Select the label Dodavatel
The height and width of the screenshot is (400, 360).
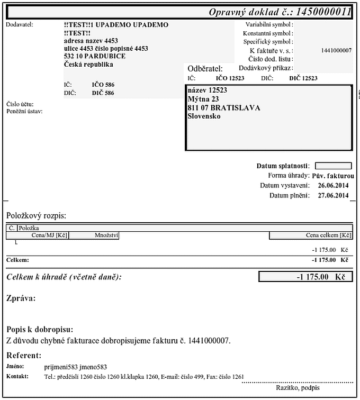19,24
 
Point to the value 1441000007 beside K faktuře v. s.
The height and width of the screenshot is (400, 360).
336,50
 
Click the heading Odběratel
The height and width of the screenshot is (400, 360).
205,68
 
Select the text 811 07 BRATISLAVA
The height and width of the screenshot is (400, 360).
224,108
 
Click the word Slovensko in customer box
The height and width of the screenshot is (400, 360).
204,116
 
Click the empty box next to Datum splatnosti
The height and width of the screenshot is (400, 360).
333,166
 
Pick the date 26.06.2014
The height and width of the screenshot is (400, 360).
333,186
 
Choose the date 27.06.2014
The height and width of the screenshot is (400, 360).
333,196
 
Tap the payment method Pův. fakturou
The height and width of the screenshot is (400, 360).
332,176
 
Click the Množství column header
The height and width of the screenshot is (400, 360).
106,235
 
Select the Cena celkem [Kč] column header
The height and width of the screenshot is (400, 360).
329,235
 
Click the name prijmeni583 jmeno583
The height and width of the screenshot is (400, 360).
76,367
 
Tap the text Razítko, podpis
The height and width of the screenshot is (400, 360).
298,388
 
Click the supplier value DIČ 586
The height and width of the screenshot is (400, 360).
103,93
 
